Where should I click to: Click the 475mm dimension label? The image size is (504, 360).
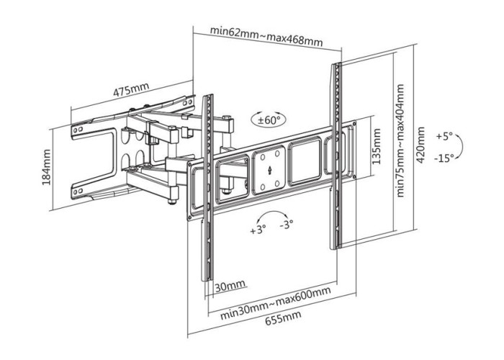(131, 90)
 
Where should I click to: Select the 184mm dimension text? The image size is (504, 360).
(47, 167)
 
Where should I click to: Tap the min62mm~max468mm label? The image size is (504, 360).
(266, 36)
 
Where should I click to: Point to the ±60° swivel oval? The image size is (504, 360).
(268, 120)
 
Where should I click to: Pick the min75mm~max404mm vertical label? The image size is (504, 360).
(400, 140)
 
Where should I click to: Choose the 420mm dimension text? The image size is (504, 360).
(420, 145)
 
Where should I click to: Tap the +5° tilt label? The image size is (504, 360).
(444, 135)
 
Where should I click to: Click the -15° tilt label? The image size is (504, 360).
(444, 158)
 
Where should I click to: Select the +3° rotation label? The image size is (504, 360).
(258, 230)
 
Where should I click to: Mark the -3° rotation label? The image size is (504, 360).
(287, 224)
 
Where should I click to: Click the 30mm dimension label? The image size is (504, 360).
(230, 285)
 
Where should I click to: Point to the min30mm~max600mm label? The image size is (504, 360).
(276, 302)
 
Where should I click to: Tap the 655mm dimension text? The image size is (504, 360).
(283, 318)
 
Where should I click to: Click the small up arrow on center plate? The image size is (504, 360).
(269, 170)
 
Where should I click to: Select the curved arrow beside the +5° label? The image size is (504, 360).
(460, 146)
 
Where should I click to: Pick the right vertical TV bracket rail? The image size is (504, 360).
(336, 156)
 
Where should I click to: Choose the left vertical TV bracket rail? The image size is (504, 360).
(207, 188)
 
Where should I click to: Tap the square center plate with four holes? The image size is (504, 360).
(269, 170)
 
